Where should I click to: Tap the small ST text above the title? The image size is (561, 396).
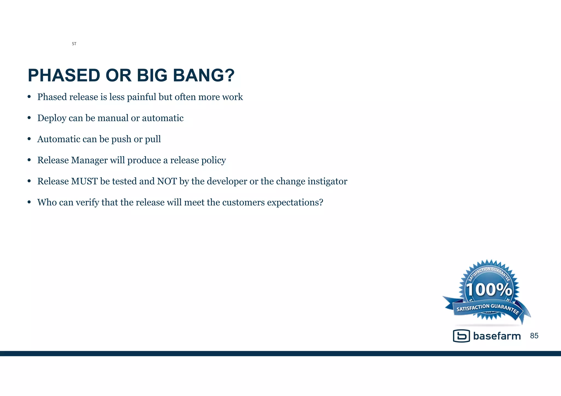tap(74, 44)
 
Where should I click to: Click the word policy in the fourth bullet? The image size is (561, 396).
tap(213, 160)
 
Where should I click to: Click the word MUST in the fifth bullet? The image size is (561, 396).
tap(84, 181)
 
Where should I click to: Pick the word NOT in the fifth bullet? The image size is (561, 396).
tap(167, 181)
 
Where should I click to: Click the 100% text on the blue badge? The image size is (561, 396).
tap(489, 290)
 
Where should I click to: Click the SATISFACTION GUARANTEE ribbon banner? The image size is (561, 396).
tap(487, 308)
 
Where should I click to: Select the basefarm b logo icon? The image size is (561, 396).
tap(461, 336)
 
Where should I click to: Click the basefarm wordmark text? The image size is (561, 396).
tap(497, 336)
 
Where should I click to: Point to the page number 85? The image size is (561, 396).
tap(534, 336)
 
